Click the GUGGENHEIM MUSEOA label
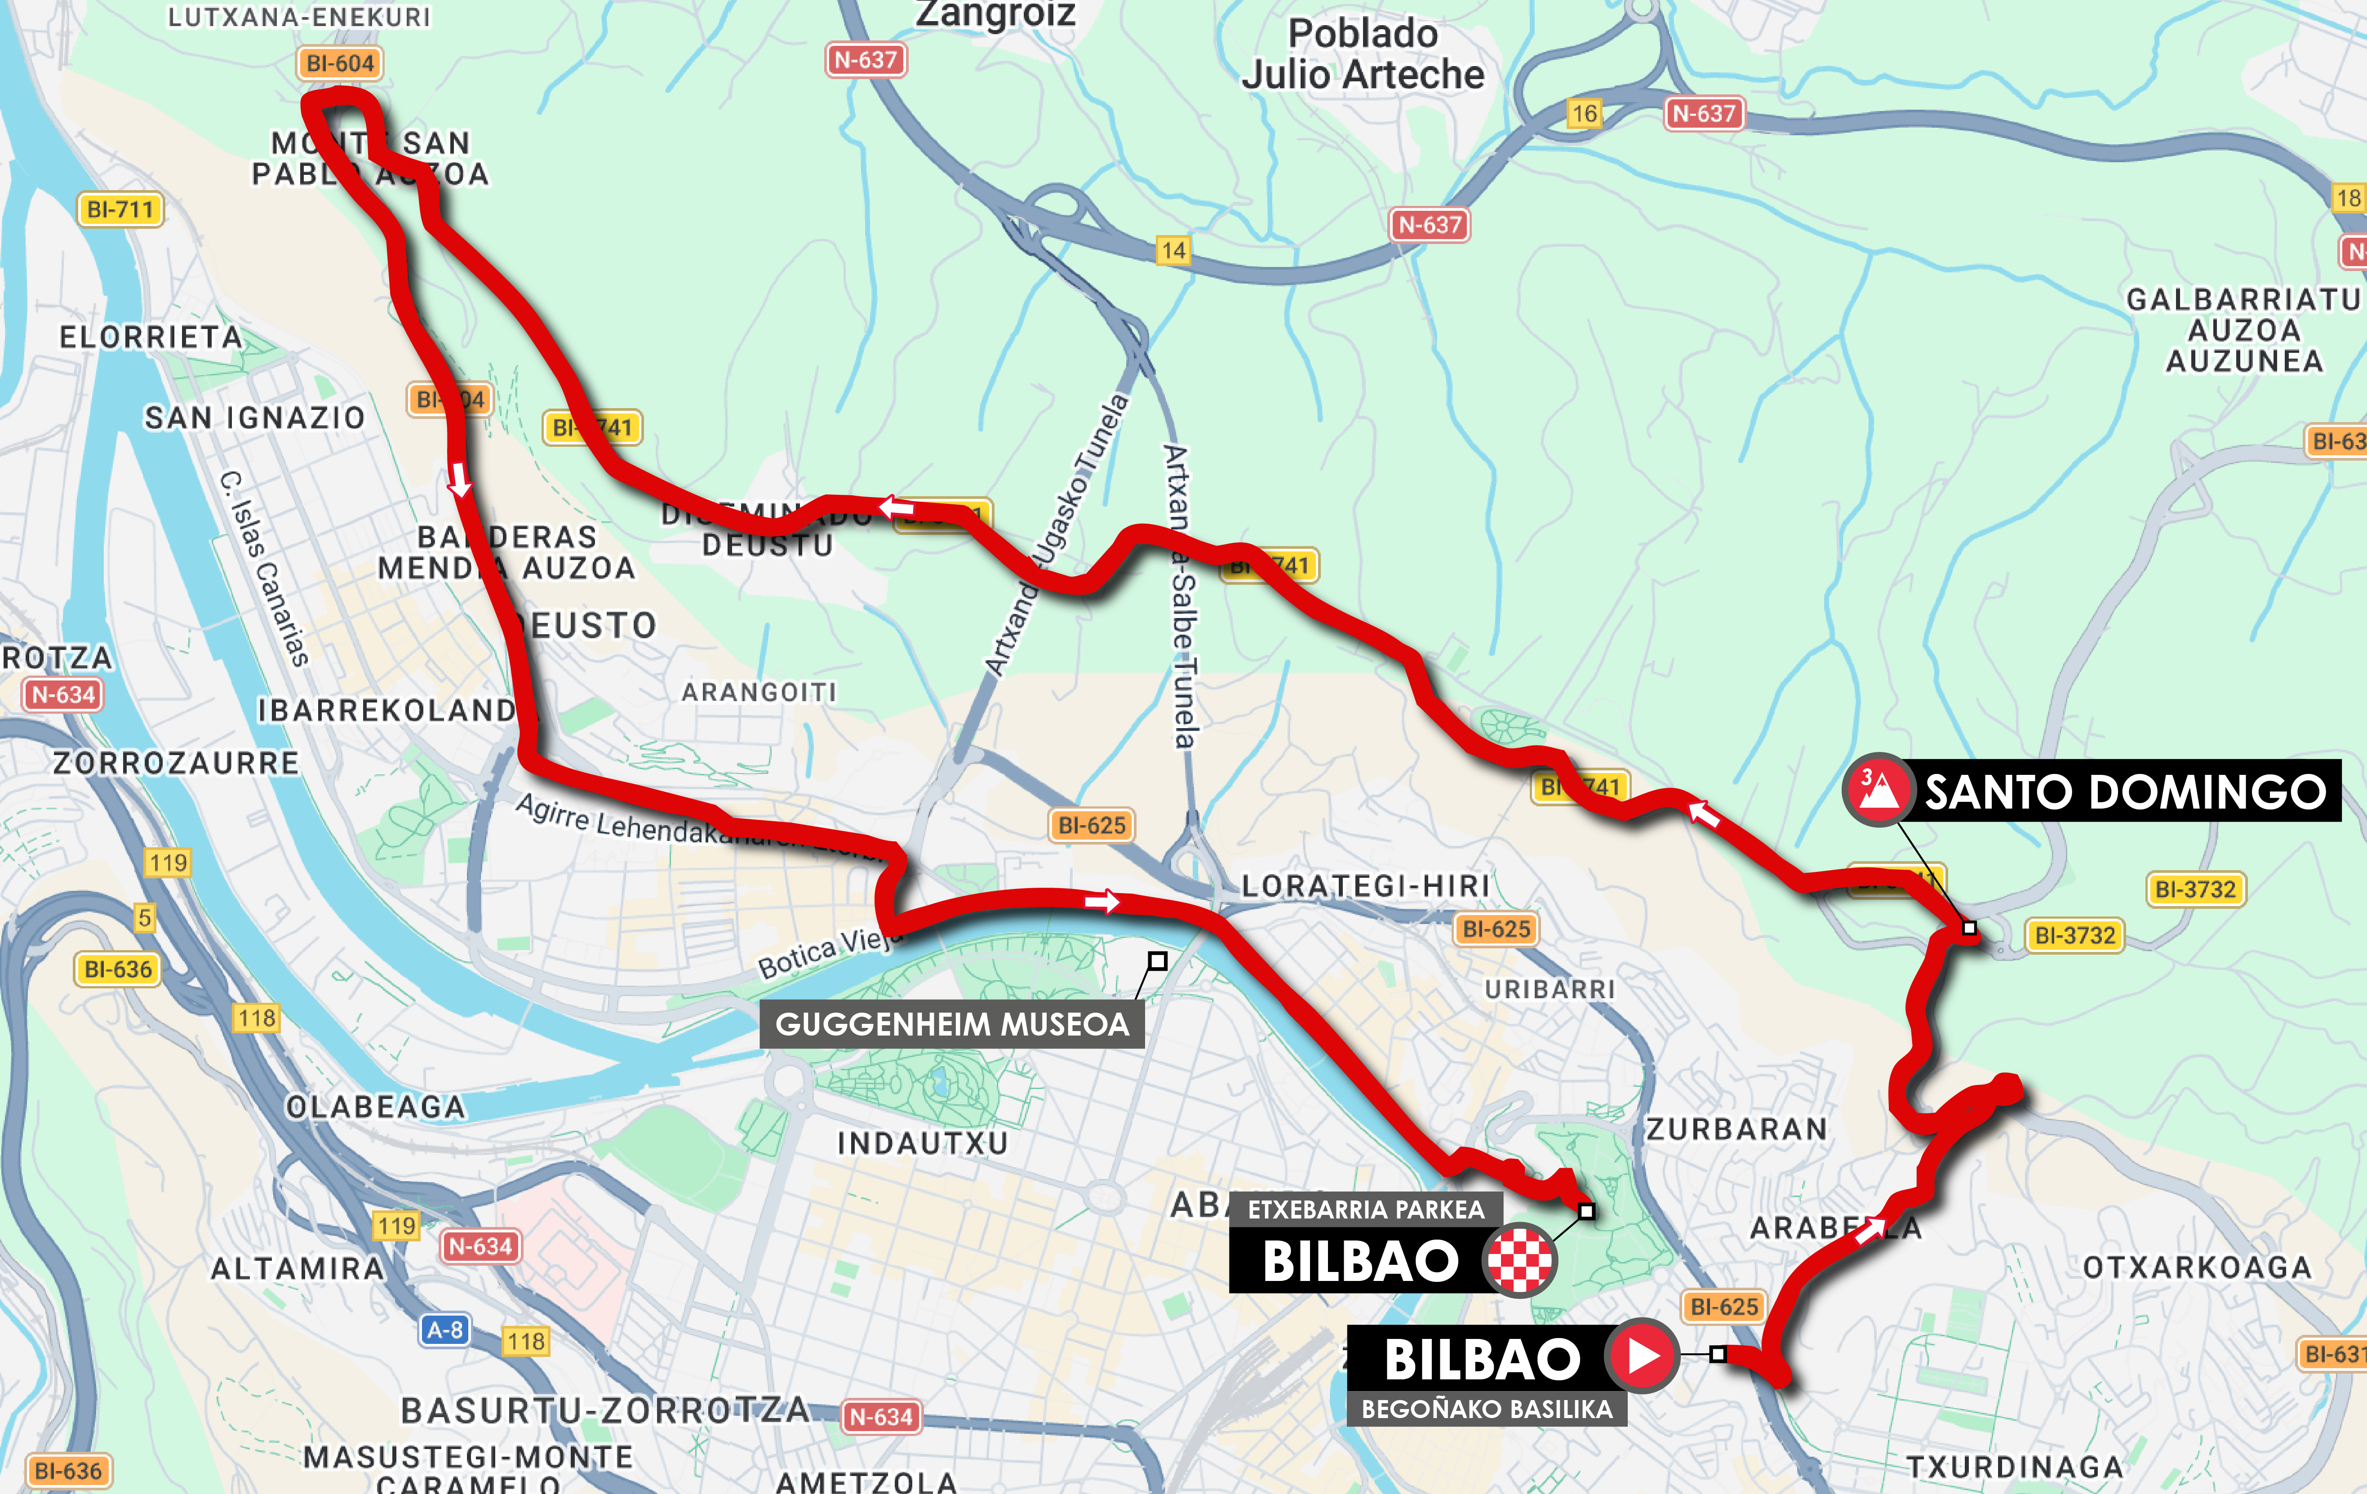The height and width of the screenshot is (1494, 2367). (951, 1024)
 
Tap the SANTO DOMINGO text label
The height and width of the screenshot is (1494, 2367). (2125, 791)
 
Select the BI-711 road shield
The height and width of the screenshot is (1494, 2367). (120, 209)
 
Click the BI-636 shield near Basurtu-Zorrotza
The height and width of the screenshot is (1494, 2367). (68, 1472)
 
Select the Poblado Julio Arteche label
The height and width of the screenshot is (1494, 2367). (1363, 54)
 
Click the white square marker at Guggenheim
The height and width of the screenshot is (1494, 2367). (1158, 961)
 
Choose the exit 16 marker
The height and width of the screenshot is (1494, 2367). (1584, 114)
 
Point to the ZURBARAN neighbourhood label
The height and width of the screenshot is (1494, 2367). (1737, 1129)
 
